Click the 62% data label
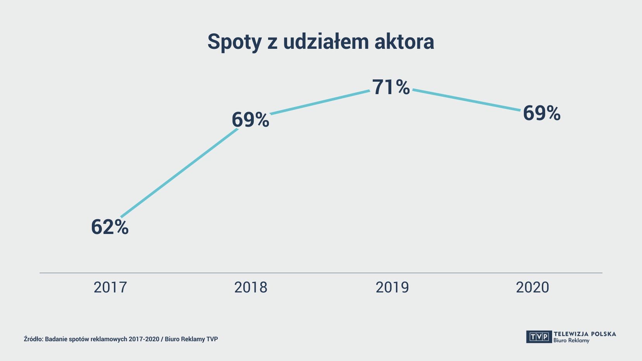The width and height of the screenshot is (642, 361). [110, 227]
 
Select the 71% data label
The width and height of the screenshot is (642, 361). [391, 87]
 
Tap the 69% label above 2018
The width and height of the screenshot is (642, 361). [250, 120]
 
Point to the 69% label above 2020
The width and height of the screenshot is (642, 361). [541, 113]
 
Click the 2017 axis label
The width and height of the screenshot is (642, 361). [110, 287]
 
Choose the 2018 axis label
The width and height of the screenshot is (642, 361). [251, 287]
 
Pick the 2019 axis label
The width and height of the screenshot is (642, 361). [392, 287]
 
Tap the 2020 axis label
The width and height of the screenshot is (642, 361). [532, 287]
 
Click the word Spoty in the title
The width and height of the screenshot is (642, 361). [234, 42]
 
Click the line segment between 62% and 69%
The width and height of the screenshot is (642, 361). [179, 173]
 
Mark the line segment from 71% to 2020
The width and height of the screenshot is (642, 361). [467, 100]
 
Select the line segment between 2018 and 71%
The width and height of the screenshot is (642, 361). [320, 102]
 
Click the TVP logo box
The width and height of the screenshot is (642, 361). [539, 337]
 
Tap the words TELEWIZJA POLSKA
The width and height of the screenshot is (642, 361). [585, 334]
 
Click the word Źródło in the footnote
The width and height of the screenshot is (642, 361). [33, 339]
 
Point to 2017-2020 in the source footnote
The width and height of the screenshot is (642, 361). [144, 339]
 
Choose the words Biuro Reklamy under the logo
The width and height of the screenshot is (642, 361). [571, 341]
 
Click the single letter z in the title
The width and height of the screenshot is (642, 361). [272, 42]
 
